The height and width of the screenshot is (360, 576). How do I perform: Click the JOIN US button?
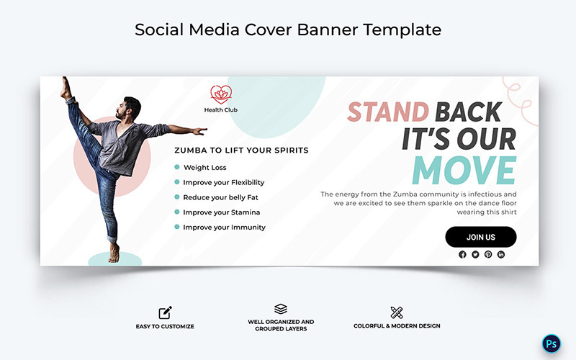click(480, 237)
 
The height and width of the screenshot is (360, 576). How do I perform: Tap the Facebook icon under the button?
click(462, 254)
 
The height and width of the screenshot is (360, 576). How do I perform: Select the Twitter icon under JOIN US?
click(475, 254)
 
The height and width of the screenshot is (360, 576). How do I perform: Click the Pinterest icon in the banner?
click(488, 254)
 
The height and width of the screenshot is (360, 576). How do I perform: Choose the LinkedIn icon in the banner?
click(501, 254)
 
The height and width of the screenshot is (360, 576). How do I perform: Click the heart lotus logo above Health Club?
click(220, 94)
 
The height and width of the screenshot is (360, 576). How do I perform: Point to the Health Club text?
click(220, 110)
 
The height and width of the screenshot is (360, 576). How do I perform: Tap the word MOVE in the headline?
click(464, 171)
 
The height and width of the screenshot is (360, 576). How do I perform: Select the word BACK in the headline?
click(468, 112)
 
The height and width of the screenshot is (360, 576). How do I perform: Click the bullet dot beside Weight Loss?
click(177, 167)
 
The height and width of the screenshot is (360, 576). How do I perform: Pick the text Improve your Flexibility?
click(224, 182)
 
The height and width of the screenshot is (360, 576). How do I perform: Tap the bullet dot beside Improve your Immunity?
click(177, 227)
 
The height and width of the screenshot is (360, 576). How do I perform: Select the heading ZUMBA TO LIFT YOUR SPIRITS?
click(241, 150)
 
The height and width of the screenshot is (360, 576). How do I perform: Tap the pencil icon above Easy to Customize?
click(166, 312)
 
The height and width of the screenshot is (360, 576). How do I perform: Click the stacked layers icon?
click(281, 309)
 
